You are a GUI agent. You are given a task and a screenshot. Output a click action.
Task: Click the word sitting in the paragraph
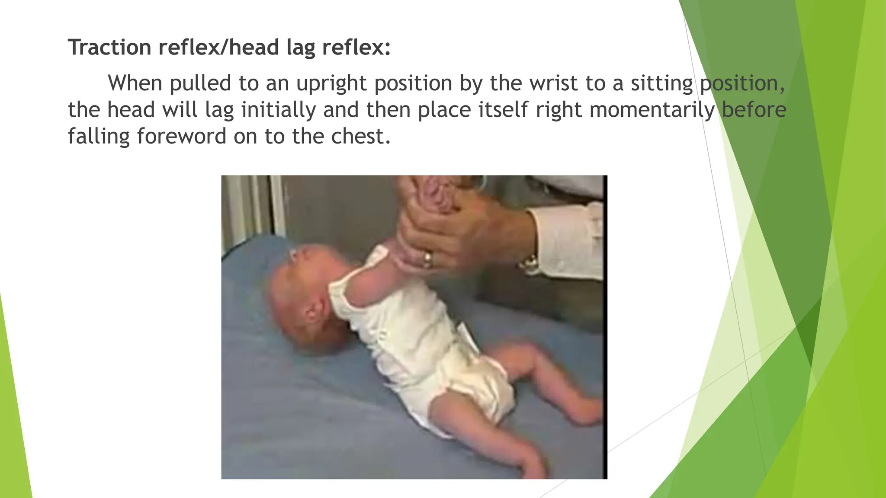coord(661,83)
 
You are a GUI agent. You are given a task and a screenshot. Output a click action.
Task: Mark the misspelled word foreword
coord(182,136)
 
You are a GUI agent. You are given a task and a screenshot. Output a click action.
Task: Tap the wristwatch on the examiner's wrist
coord(529,263)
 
